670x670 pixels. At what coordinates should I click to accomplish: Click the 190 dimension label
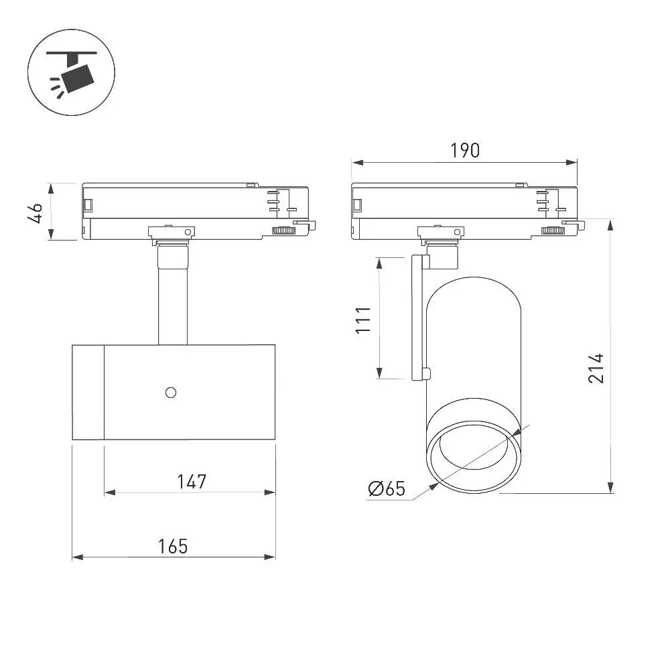coord(465,150)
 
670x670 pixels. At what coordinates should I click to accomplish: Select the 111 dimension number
coord(364,320)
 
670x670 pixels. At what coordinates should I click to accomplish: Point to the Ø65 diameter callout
coord(387,488)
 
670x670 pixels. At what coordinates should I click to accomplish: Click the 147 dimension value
coord(192,482)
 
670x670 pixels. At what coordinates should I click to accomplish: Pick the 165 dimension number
coord(173,547)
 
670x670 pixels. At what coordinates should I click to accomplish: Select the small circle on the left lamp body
coord(170,392)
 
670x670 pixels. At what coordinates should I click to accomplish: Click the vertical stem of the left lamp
coord(173,306)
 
